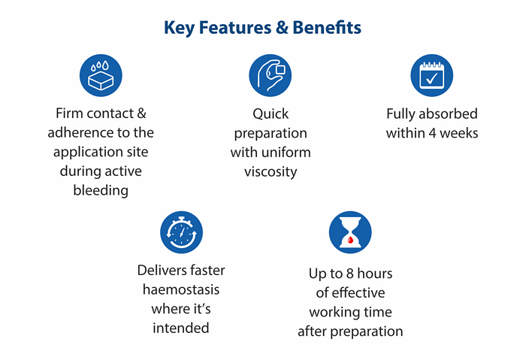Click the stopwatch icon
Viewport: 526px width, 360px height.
[181, 232]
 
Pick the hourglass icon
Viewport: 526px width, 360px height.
[350, 232]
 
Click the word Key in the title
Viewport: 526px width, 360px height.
[179, 29]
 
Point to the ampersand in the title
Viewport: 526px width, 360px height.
[280, 29]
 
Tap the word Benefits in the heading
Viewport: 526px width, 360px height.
[326, 29]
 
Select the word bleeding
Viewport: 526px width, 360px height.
[101, 190]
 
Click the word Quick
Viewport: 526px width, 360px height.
[271, 114]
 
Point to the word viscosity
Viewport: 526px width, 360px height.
[271, 171]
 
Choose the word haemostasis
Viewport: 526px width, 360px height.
[181, 289]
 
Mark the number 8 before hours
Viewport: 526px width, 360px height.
[346, 274]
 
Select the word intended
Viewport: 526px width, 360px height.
[181, 328]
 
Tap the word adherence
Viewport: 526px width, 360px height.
[81, 134]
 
